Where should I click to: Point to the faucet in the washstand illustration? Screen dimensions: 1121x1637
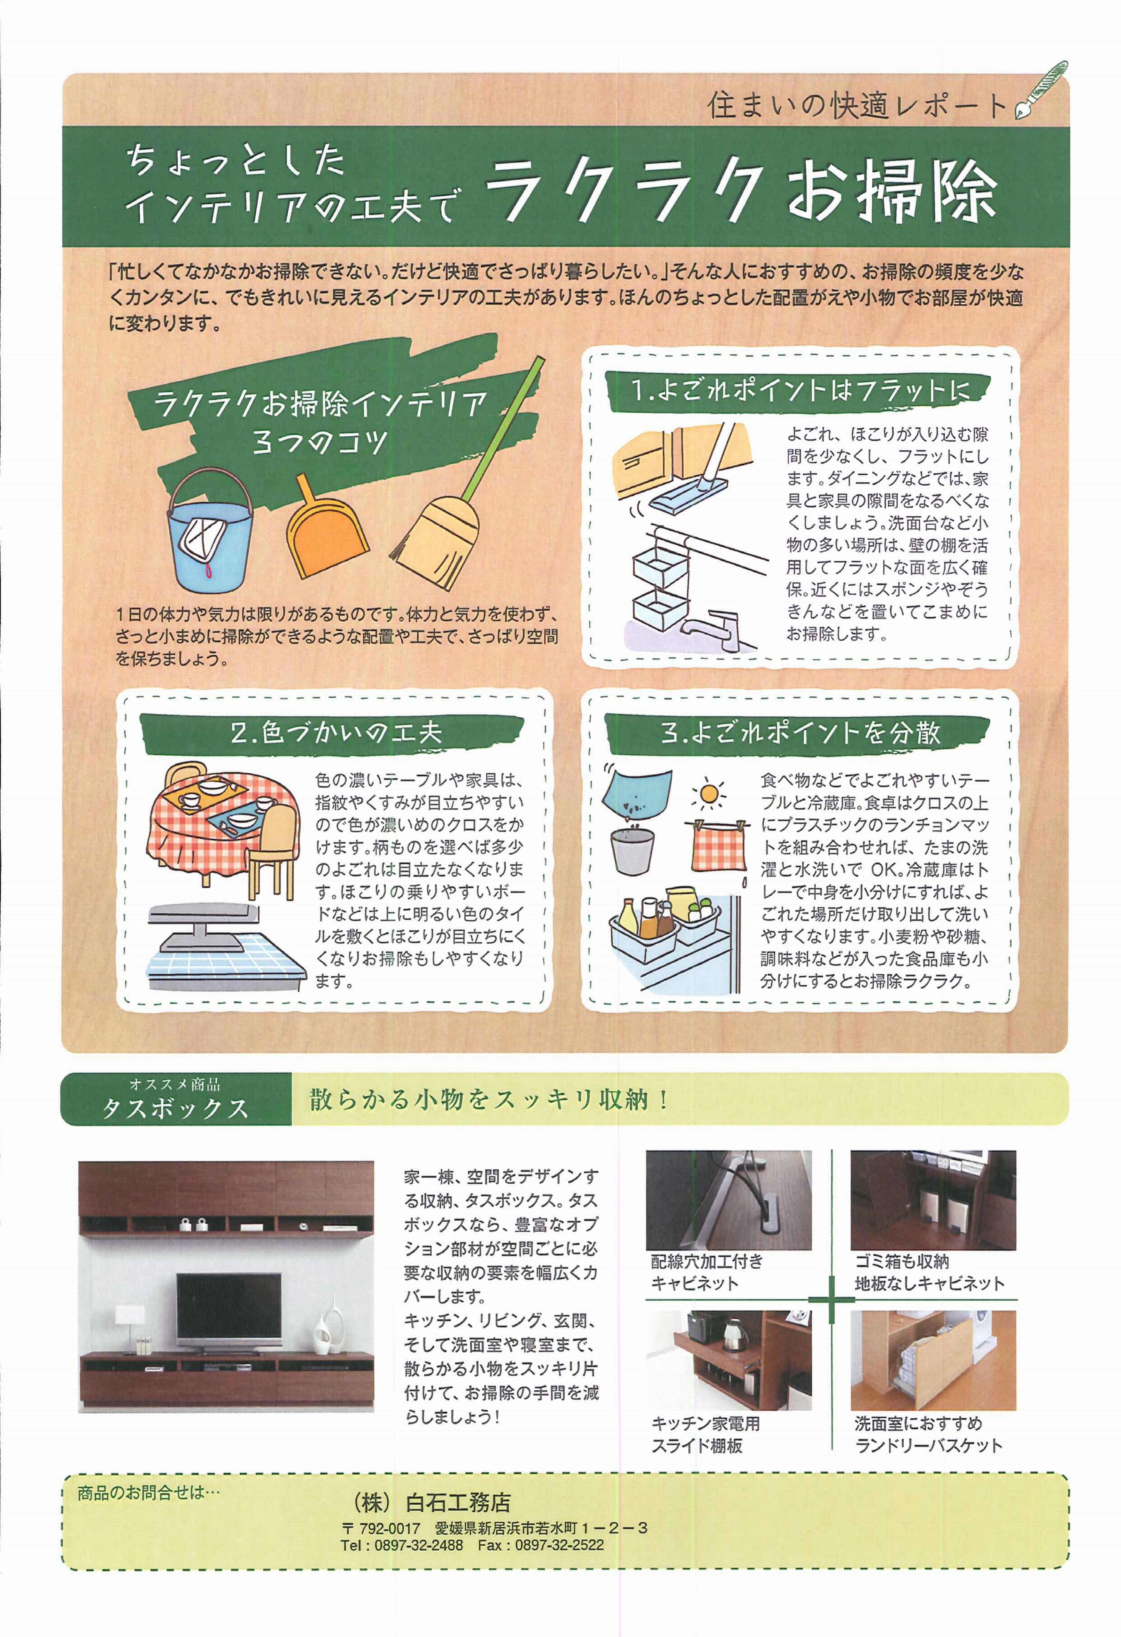coord(711,627)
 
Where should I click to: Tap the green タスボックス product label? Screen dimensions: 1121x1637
coord(176,1099)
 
